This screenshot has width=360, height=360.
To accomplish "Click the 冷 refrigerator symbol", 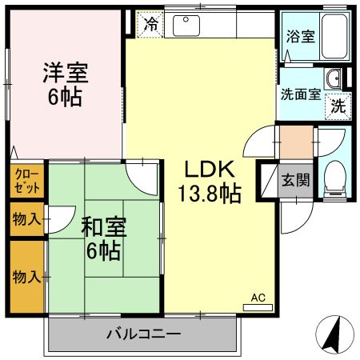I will [x=150, y=24].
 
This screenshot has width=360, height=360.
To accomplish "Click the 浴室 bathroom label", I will [x=300, y=35].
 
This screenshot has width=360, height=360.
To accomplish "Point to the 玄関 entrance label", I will [x=295, y=180].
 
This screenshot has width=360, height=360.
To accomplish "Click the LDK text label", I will [x=210, y=170].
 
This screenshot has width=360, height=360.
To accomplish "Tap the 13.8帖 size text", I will [x=210, y=193].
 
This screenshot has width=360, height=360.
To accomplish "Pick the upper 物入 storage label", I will [x=26, y=218].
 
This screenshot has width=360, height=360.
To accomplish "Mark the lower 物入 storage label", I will [x=26, y=277].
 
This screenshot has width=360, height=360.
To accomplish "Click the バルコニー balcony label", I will [x=143, y=333].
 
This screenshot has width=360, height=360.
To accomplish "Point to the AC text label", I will [x=257, y=298].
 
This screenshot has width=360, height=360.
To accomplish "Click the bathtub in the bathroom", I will [x=336, y=36].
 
